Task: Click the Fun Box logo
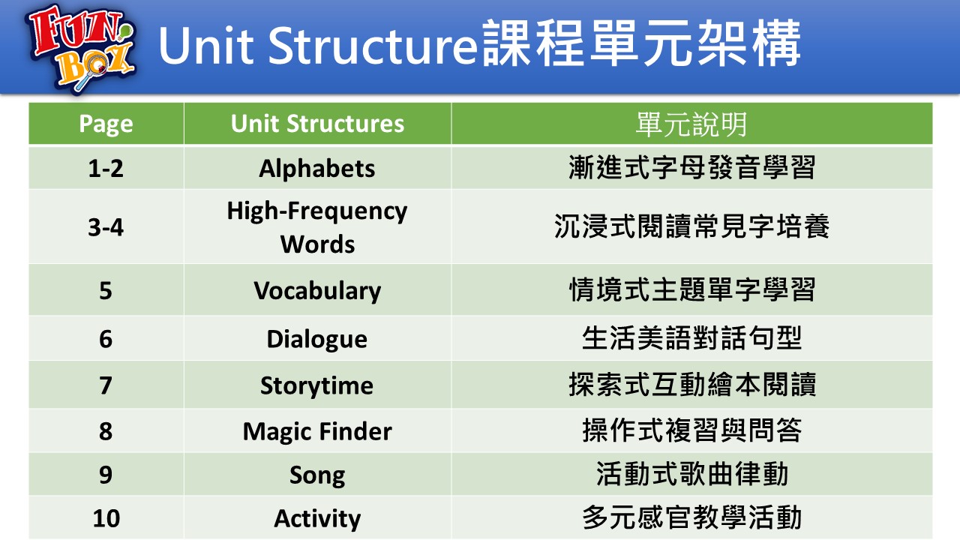pos(82,48)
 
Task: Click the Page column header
pos(106,124)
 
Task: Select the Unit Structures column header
pos(317,124)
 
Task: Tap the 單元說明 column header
pos(691,124)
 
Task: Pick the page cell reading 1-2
pos(106,168)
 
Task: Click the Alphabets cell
pos(317,168)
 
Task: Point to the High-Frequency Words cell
pos(317,227)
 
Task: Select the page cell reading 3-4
pos(106,227)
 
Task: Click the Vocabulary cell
pos(317,291)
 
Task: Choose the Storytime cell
pos(317,385)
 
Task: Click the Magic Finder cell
pos(317,431)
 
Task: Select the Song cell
pos(317,475)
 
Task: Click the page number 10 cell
pos(106,518)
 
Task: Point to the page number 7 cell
pos(106,385)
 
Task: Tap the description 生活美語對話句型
pos(691,338)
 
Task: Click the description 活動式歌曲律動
pos(691,474)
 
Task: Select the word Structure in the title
pos(373,46)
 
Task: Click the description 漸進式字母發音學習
pos(691,167)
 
